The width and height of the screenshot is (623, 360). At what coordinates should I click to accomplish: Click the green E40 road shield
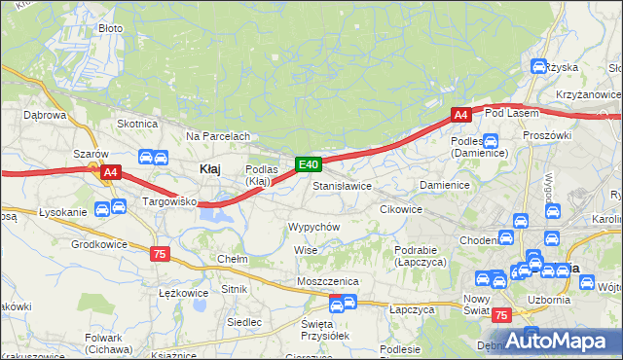tap(308, 165)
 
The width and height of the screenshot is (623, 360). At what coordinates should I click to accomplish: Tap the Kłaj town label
tap(209, 168)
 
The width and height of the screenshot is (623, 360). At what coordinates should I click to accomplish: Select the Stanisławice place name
tap(342, 185)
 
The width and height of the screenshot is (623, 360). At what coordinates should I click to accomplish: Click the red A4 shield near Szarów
tap(110, 173)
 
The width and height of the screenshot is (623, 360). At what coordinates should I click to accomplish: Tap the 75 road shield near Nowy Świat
tap(500, 315)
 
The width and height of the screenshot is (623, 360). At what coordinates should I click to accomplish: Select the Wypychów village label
tap(313, 226)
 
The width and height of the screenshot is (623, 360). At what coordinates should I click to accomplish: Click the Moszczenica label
tap(328, 281)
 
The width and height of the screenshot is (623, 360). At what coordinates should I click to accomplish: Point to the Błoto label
tap(111, 28)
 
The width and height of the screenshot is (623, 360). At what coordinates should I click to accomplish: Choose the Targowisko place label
tap(171, 202)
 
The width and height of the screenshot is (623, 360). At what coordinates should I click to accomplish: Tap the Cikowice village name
tap(400, 209)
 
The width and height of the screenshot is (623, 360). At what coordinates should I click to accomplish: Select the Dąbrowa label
tap(44, 114)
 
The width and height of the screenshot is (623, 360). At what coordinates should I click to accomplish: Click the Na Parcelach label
tap(218, 136)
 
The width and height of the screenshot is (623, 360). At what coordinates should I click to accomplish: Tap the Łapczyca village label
tap(410, 309)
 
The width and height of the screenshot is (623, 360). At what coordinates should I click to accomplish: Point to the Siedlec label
tap(243, 321)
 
